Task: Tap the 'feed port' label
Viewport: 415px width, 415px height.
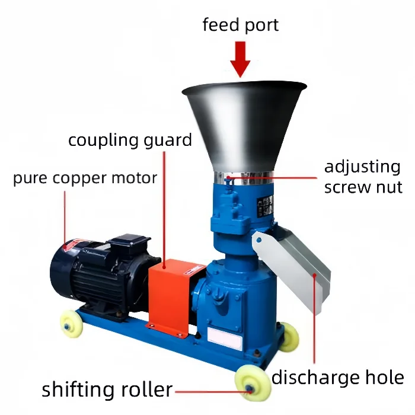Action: point(240,25)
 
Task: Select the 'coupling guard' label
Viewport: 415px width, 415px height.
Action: point(130,141)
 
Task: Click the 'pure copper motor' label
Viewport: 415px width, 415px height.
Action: point(85,178)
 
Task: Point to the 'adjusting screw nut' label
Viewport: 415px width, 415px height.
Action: point(363,177)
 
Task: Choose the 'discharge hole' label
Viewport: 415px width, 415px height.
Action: point(338,377)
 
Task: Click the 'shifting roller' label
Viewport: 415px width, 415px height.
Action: point(107,390)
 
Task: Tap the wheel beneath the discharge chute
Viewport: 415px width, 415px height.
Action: point(289,336)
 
